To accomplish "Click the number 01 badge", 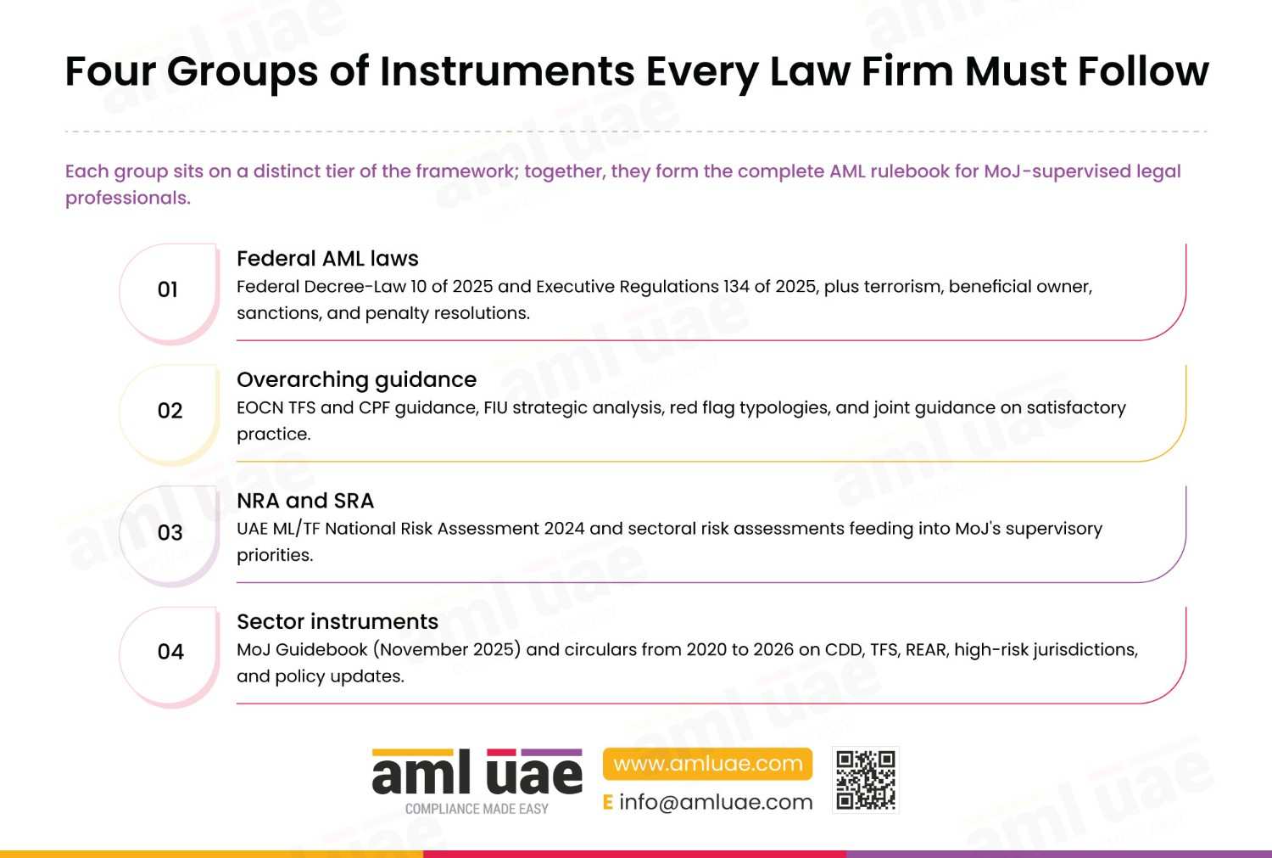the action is pos(170,293).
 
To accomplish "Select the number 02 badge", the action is pos(170,414).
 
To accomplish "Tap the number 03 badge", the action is pos(170,536).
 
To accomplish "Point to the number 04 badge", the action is pos(170,656).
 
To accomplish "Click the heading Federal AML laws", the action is pos(327,259).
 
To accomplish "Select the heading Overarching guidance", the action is pos(357,380).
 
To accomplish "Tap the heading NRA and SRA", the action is pos(305,501).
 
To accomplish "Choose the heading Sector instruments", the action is pos(338,621).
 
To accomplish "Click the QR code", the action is pos(866,780).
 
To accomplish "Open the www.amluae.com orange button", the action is pos(707,764).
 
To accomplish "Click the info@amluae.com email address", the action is pos(716,802).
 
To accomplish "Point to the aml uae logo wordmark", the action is pos(477,771).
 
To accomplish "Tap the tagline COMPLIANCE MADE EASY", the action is pos(477,809).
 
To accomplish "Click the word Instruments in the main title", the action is pos(507,71).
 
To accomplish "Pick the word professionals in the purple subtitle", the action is pos(128,198).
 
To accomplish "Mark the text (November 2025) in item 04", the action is pos(447,649).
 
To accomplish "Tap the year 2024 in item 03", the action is pos(564,529).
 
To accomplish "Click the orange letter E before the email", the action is pos(608,802).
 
